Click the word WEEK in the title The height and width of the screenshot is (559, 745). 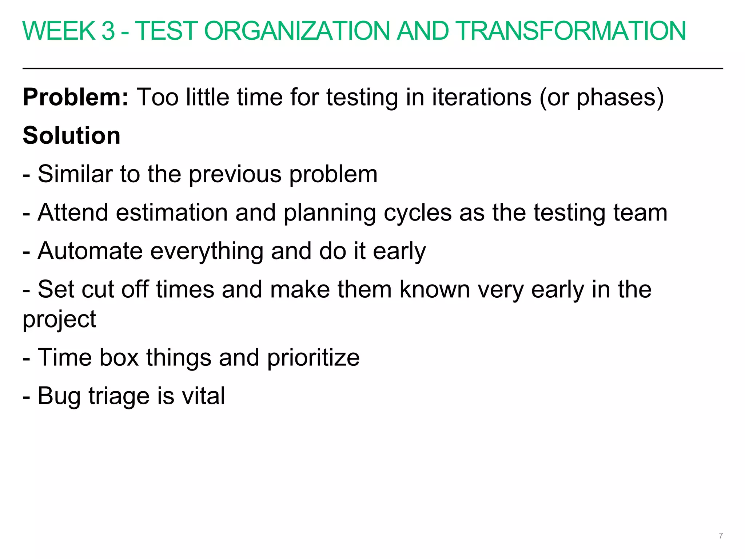pos(59,31)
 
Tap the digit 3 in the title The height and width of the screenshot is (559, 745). pos(108,31)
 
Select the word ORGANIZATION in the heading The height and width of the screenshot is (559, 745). pos(299,31)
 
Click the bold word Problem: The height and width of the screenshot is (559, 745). pos(76,98)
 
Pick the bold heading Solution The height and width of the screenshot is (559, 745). pos(71,136)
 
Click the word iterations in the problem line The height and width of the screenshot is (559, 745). pos(482,98)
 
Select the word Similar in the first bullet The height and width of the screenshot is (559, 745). pos(75,174)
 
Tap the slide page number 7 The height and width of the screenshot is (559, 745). pos(721,536)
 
